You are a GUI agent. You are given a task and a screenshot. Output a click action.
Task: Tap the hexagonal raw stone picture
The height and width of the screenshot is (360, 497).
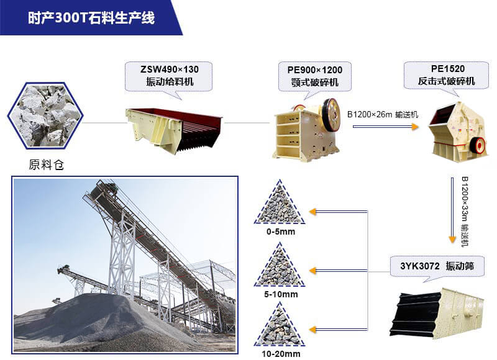(x=45, y=115)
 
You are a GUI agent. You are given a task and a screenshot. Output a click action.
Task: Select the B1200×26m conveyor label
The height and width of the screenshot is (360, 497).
(x=383, y=114)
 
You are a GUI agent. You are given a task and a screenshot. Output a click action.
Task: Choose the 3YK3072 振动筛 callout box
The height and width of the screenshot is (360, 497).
(x=437, y=266)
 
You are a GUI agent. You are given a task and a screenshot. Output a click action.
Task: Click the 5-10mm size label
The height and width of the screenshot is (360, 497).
(x=280, y=293)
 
